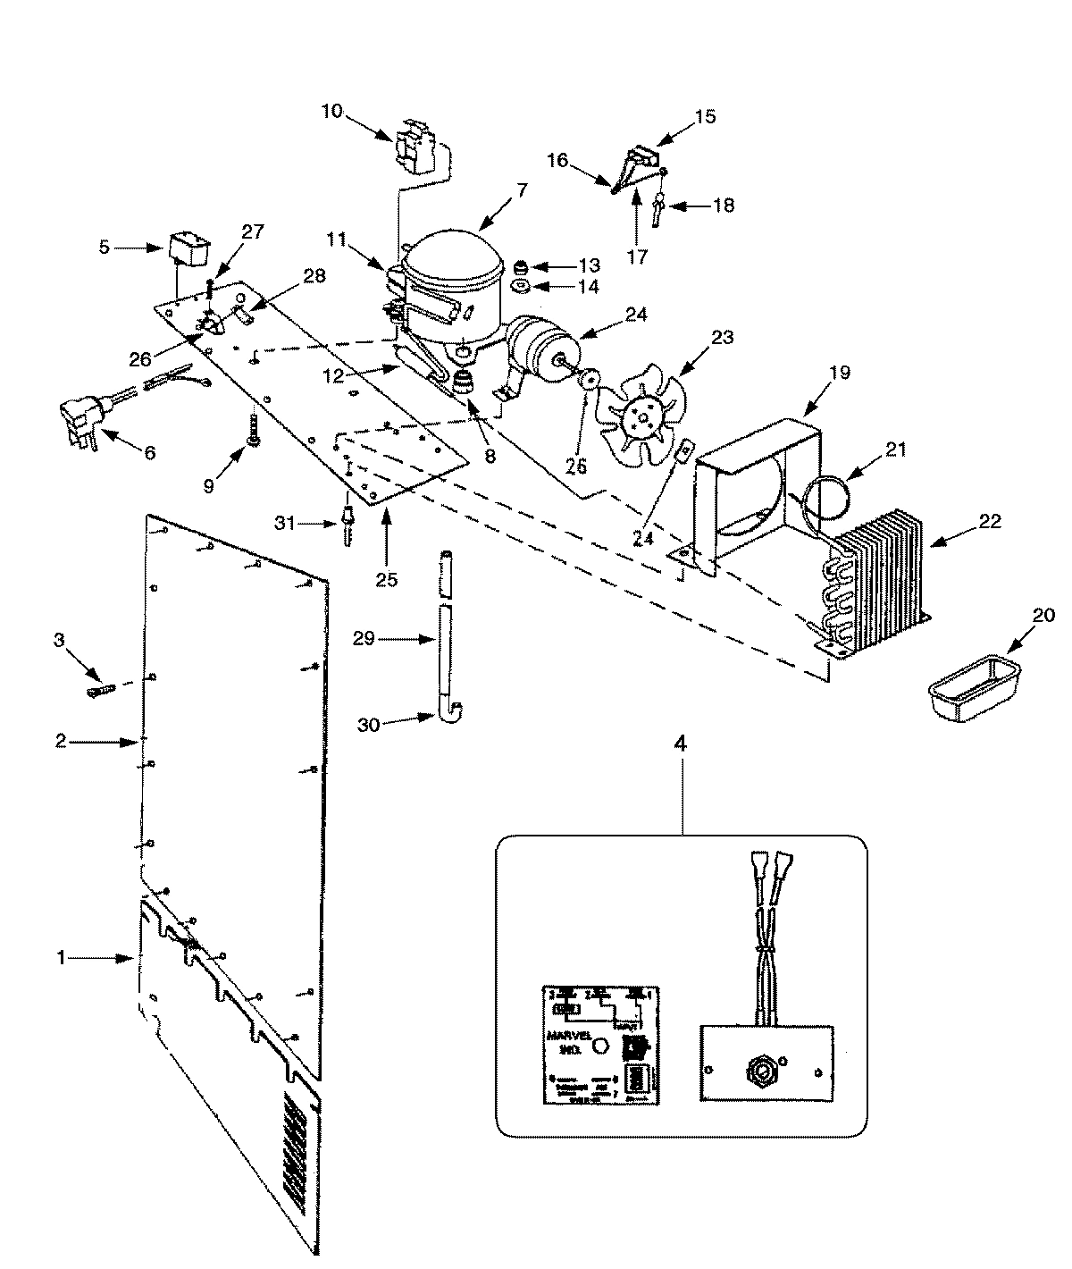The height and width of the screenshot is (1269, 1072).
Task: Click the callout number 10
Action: click(x=331, y=111)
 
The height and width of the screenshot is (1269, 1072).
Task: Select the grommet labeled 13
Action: click(x=521, y=265)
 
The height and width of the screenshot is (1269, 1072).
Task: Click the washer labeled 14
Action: click(x=521, y=287)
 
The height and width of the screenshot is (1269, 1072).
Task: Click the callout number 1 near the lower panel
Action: click(x=61, y=957)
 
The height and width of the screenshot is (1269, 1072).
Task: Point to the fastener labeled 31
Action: click(x=345, y=527)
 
